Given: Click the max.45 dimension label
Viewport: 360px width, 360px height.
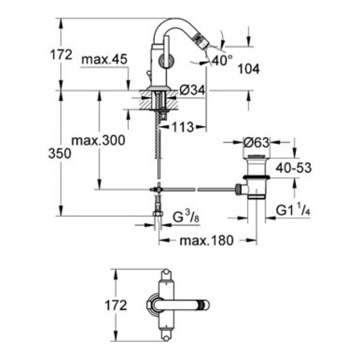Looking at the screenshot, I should click(x=104, y=60).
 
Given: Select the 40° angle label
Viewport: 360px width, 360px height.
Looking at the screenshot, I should click(x=222, y=61).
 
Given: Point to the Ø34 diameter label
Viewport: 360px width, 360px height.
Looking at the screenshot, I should click(x=192, y=91).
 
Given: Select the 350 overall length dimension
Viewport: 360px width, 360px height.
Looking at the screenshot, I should click(x=61, y=154).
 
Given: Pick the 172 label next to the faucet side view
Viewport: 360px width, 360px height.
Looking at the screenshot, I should click(x=61, y=55).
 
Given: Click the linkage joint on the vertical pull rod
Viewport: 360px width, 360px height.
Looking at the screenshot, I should click(x=159, y=189).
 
